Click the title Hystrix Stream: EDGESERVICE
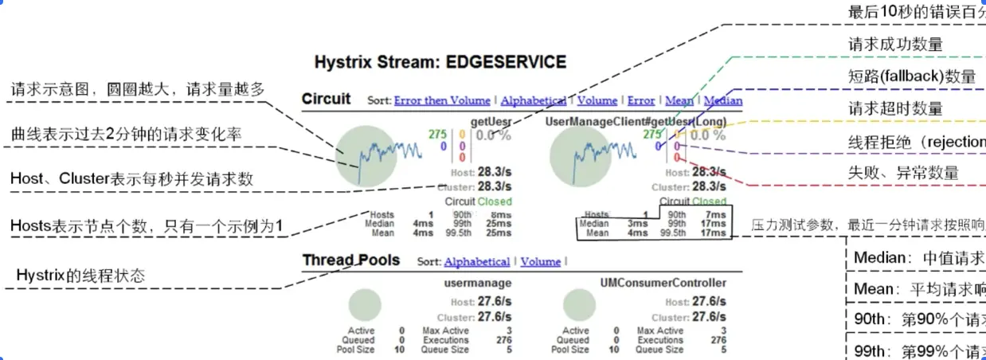pos(440,62)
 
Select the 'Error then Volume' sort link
pos(441,100)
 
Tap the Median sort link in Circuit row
pos(723,100)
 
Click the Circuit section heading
pos(326,99)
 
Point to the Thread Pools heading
pos(350,260)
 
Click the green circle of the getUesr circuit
pos(366,155)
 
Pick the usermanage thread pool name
pos(477,283)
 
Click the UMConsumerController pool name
pos(663,283)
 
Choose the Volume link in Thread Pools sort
pos(540,261)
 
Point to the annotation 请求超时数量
pos(884,108)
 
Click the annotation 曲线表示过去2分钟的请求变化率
pos(127,135)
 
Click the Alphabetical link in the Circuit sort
pos(533,100)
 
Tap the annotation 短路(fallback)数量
pos(912,76)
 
